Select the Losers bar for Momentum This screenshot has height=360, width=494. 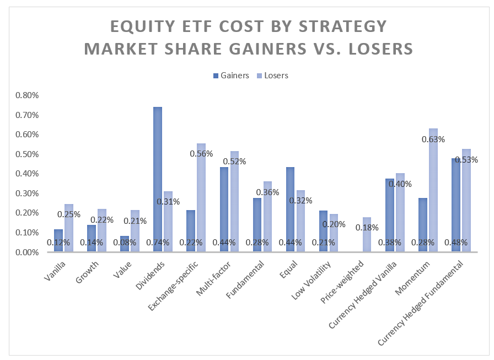(433, 190)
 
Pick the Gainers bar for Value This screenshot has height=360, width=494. (125, 244)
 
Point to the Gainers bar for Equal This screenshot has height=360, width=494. (290, 209)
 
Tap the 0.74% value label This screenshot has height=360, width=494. (158, 243)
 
